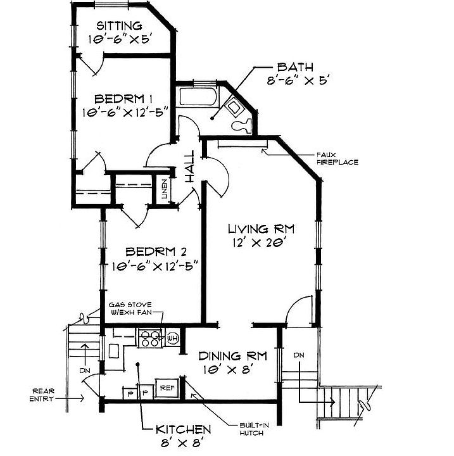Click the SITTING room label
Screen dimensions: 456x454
[x=118, y=26]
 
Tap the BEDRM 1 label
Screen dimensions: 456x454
[x=124, y=99]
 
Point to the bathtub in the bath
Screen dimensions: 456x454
[x=198, y=99]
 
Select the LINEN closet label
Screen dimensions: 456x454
[x=164, y=190]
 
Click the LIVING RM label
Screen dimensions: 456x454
[x=262, y=228]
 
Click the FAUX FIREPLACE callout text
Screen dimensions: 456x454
[x=339, y=158]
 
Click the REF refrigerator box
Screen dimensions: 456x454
[x=167, y=388]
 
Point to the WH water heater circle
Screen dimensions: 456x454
[x=172, y=339]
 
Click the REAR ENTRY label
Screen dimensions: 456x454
[x=48, y=395]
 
